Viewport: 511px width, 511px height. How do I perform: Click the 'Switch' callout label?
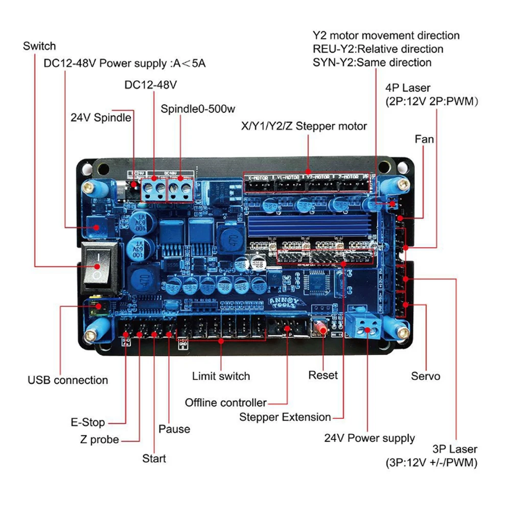39,46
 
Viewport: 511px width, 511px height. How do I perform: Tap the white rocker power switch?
98,262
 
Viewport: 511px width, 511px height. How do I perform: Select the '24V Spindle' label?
101,118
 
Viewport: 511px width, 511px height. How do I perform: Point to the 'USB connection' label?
68,380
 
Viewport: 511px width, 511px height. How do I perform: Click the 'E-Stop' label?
87,423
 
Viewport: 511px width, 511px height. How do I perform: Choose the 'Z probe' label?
100,439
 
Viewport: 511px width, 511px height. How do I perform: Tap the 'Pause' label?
174,429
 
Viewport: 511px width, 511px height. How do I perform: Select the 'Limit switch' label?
221,377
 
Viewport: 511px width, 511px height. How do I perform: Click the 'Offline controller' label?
226,403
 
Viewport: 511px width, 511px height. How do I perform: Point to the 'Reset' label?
323,375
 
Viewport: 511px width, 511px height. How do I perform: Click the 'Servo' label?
426,377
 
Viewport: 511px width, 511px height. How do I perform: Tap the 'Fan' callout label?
424,138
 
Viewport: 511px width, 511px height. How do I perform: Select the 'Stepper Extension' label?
285,417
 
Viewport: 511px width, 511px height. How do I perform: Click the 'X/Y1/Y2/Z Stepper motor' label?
304,126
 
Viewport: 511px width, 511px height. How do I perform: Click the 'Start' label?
154,458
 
